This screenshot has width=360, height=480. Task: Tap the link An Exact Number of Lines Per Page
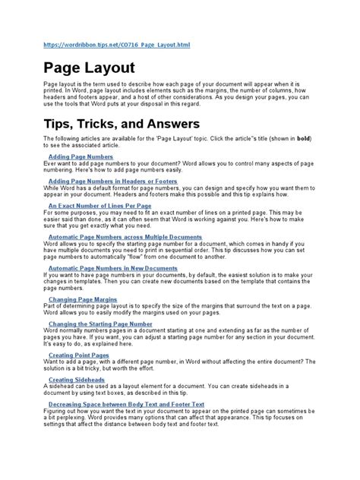[x=99, y=205]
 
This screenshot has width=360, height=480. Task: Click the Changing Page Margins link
[x=81, y=299]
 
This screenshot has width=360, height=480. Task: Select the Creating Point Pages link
[x=78, y=355]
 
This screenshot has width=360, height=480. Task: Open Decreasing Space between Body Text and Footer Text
[x=125, y=405]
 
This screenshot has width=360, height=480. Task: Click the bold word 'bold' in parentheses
[x=302, y=138]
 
